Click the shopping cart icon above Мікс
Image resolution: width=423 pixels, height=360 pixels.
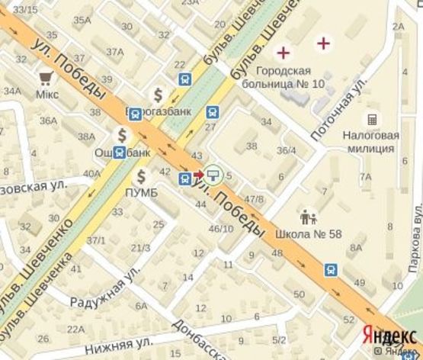point(46,76)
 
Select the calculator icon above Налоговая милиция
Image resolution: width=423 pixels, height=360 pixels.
point(372,120)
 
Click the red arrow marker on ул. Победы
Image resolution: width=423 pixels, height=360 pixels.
point(199,175)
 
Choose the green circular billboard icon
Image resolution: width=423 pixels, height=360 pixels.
point(215,175)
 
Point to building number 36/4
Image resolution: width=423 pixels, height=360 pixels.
point(286,150)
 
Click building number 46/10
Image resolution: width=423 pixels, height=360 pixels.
point(221,228)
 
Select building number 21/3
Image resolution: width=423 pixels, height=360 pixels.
point(140,247)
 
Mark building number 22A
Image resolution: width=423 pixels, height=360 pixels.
point(75,329)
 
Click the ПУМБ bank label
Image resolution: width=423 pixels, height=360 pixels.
point(141,191)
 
